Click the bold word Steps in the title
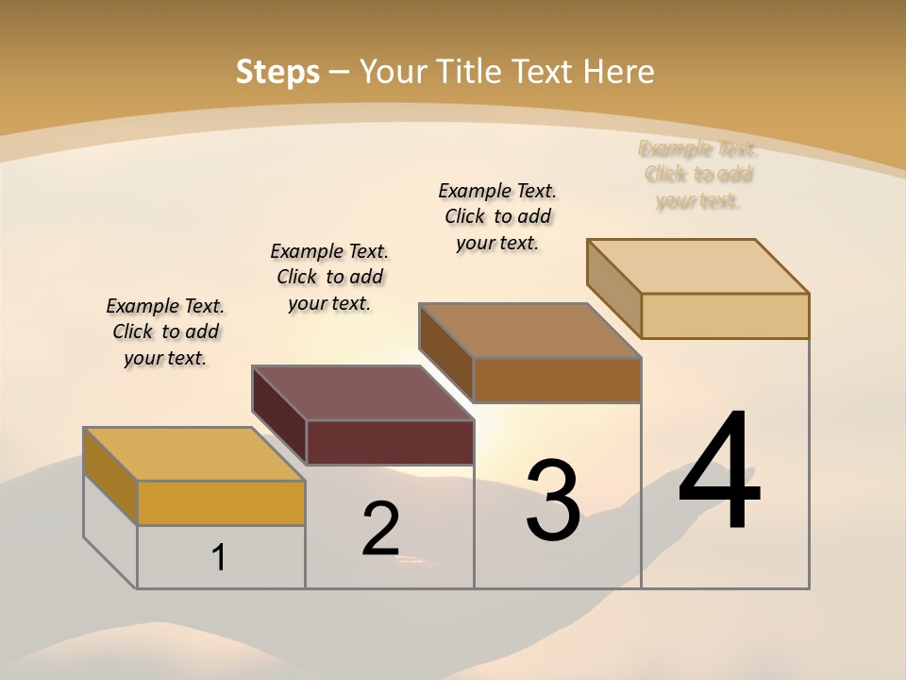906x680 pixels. [x=277, y=72]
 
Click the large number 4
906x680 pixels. [x=719, y=471]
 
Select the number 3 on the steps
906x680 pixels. [x=553, y=501]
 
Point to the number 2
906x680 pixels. [x=381, y=529]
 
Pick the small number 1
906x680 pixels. [x=219, y=558]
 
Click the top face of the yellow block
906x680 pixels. [x=193, y=454]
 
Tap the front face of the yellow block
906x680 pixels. [x=221, y=503]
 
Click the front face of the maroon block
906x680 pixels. [x=390, y=442]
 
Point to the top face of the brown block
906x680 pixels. [x=529, y=331]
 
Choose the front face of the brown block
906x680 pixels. [x=557, y=381]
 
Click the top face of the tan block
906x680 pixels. [x=697, y=266]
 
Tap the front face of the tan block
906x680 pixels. [x=725, y=315]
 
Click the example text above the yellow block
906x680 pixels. [x=165, y=331]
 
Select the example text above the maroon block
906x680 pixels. [x=329, y=277]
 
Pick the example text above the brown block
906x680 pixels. [x=497, y=216]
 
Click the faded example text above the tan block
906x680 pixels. [x=698, y=175]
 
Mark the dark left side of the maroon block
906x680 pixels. [x=279, y=416]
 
